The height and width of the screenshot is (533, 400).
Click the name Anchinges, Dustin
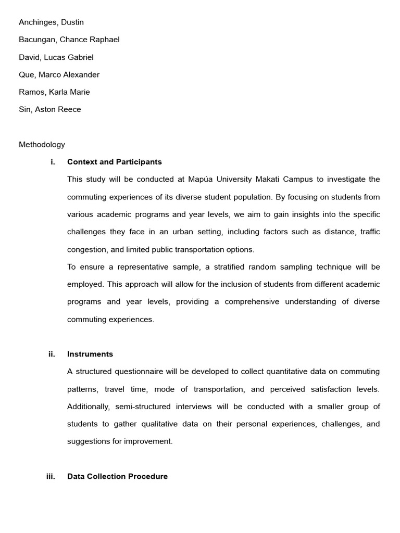(x=51, y=22)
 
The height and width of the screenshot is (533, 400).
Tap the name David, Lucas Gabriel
(x=56, y=57)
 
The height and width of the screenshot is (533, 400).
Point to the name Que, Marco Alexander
(x=59, y=74)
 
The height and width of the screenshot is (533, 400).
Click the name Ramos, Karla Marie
(x=54, y=92)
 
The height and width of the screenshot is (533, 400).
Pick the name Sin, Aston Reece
(x=50, y=109)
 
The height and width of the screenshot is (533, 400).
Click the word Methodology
(x=42, y=145)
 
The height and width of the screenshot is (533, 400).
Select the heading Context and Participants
(x=115, y=162)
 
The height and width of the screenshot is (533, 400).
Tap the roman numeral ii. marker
(x=52, y=354)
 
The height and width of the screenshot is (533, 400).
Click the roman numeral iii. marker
(x=51, y=476)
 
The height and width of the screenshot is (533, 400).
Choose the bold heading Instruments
(x=90, y=354)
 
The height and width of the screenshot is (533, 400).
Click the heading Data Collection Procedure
(x=117, y=476)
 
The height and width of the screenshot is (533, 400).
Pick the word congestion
(x=86, y=249)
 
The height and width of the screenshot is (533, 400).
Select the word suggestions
(x=89, y=441)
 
